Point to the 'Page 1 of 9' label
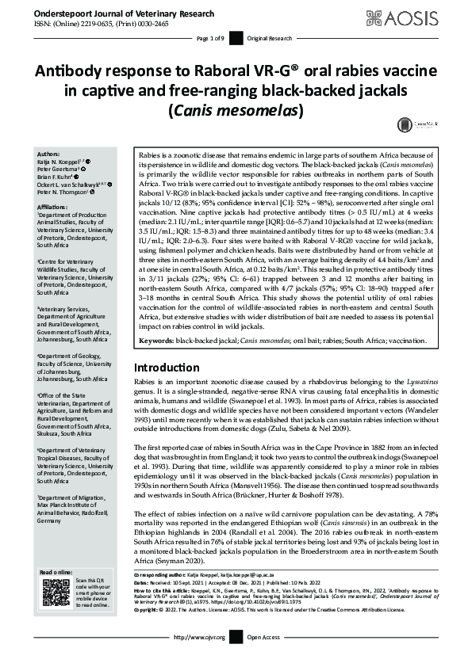pos(212,39)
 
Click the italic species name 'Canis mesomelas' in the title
pos(236,109)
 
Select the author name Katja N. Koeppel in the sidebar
pos(67,161)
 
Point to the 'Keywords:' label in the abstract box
pos(156,341)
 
